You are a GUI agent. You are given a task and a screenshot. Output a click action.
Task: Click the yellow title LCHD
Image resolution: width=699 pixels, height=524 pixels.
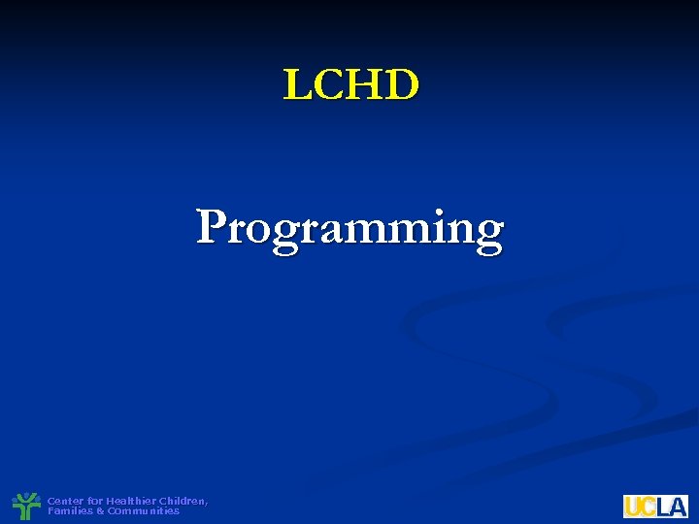click(350, 84)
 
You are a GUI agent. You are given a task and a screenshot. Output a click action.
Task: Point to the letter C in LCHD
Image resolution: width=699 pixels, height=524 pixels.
click(329, 85)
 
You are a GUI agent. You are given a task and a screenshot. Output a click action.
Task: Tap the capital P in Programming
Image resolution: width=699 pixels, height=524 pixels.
click(213, 227)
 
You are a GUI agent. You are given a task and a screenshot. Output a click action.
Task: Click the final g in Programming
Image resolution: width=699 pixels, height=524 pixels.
click(487, 234)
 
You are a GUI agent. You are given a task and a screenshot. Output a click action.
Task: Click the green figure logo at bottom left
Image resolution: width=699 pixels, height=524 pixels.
click(24, 506)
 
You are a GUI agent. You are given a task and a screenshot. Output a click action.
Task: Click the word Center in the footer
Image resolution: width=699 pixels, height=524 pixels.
click(65, 501)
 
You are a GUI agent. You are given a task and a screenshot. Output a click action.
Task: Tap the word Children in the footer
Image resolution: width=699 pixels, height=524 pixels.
click(183, 501)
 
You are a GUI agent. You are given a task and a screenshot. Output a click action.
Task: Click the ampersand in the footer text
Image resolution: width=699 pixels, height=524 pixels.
click(101, 510)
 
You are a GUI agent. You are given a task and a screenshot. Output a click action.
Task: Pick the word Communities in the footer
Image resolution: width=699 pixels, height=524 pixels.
click(143, 510)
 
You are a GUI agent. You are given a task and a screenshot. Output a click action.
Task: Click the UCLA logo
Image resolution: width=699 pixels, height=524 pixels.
click(655, 506)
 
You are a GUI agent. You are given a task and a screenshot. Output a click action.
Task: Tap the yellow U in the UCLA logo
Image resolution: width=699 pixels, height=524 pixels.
click(632, 506)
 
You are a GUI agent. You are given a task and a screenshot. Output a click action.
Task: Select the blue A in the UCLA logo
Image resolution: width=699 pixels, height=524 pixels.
click(677, 506)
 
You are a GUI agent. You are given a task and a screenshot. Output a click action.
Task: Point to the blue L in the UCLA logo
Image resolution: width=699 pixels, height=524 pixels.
click(661, 506)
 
